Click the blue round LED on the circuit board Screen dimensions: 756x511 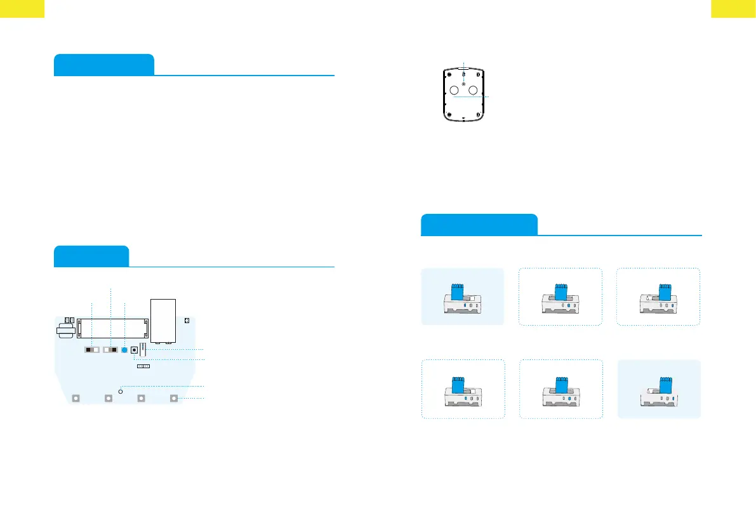click(x=125, y=350)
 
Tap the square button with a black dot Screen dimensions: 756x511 click(x=135, y=350)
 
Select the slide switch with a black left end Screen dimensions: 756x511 click(x=93, y=350)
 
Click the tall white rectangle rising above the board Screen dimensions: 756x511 click(x=162, y=321)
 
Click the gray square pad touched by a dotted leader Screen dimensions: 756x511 click(x=175, y=399)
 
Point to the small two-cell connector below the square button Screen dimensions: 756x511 click(x=143, y=366)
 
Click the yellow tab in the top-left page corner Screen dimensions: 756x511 click(x=22, y=8)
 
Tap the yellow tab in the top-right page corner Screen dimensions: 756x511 click(x=733, y=8)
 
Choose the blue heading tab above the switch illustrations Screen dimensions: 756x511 click(x=479, y=225)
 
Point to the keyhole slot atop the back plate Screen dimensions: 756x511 click(x=463, y=75)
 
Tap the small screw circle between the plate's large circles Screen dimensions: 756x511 click(x=463, y=84)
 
